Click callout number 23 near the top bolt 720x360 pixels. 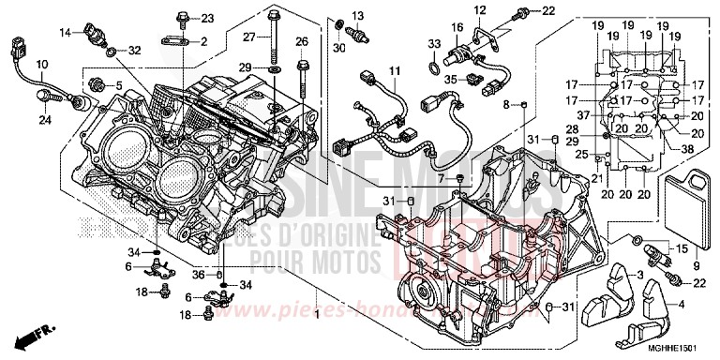point(207,18)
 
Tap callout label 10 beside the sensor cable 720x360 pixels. point(41,64)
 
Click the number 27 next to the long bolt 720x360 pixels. point(249,37)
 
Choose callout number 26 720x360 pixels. point(302,41)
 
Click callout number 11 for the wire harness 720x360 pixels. point(396,70)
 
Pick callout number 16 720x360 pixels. point(458,27)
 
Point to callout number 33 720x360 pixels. point(433,43)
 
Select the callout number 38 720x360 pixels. point(687,149)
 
